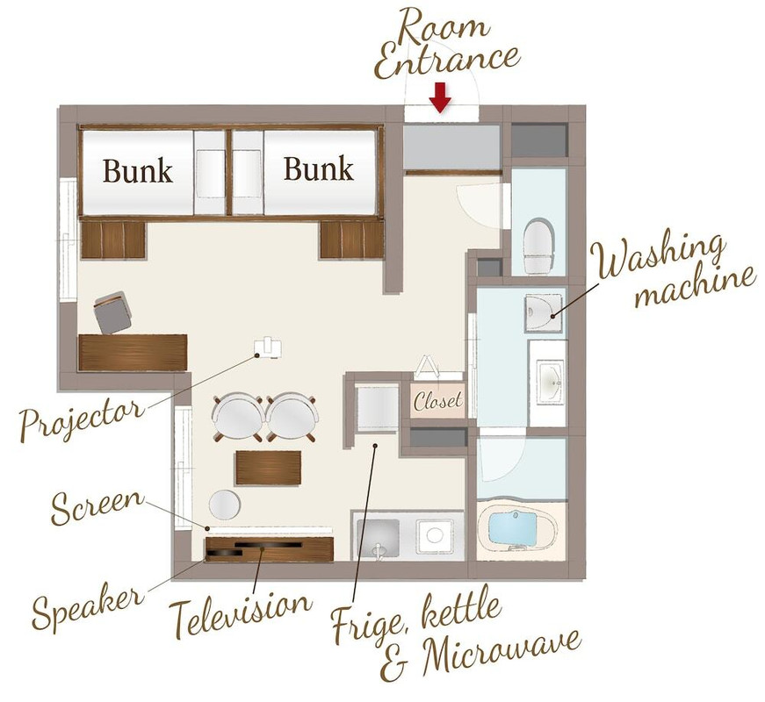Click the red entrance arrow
[440, 97]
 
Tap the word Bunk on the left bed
[138, 170]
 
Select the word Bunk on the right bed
[319, 168]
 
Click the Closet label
[437, 401]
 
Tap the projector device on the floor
[268, 347]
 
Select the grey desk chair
[112, 312]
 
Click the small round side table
[225, 505]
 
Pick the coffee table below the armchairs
[269, 468]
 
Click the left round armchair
[238, 418]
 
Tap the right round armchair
[292, 418]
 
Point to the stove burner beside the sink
[435, 535]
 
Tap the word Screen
[97, 507]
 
